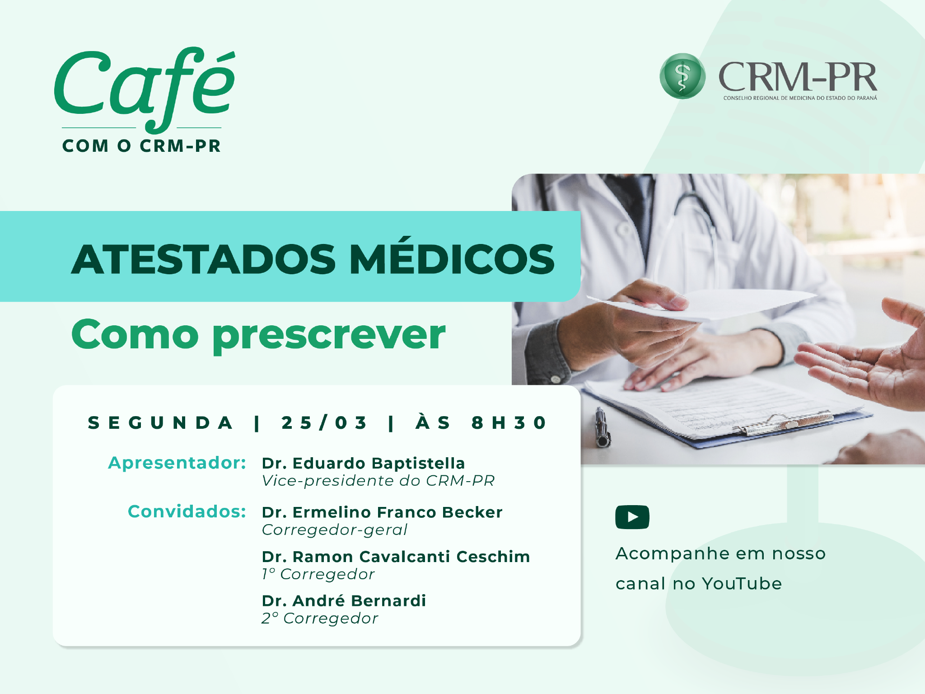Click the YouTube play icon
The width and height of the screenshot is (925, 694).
(632, 517)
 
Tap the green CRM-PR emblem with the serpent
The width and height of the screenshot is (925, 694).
(682, 76)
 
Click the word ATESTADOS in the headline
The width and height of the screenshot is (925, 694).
(204, 259)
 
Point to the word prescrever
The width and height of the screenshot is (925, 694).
(329, 336)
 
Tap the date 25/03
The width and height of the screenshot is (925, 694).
(324, 423)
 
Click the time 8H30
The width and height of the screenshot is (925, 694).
(509, 423)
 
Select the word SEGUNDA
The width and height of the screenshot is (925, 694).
(160, 423)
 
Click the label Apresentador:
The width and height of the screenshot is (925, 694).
(177, 463)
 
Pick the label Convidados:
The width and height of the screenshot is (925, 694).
(187, 511)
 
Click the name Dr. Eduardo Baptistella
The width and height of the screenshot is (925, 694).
(364, 464)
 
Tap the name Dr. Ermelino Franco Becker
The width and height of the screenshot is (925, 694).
(382, 512)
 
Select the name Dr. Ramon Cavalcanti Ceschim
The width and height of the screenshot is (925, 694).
(396, 557)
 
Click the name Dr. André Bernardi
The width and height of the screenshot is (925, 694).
(344, 601)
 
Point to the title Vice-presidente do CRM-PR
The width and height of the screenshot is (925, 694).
(378, 481)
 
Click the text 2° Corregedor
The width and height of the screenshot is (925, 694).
(320, 619)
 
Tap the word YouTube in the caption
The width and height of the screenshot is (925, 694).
(742, 584)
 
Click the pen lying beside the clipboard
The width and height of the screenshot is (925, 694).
(603, 427)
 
